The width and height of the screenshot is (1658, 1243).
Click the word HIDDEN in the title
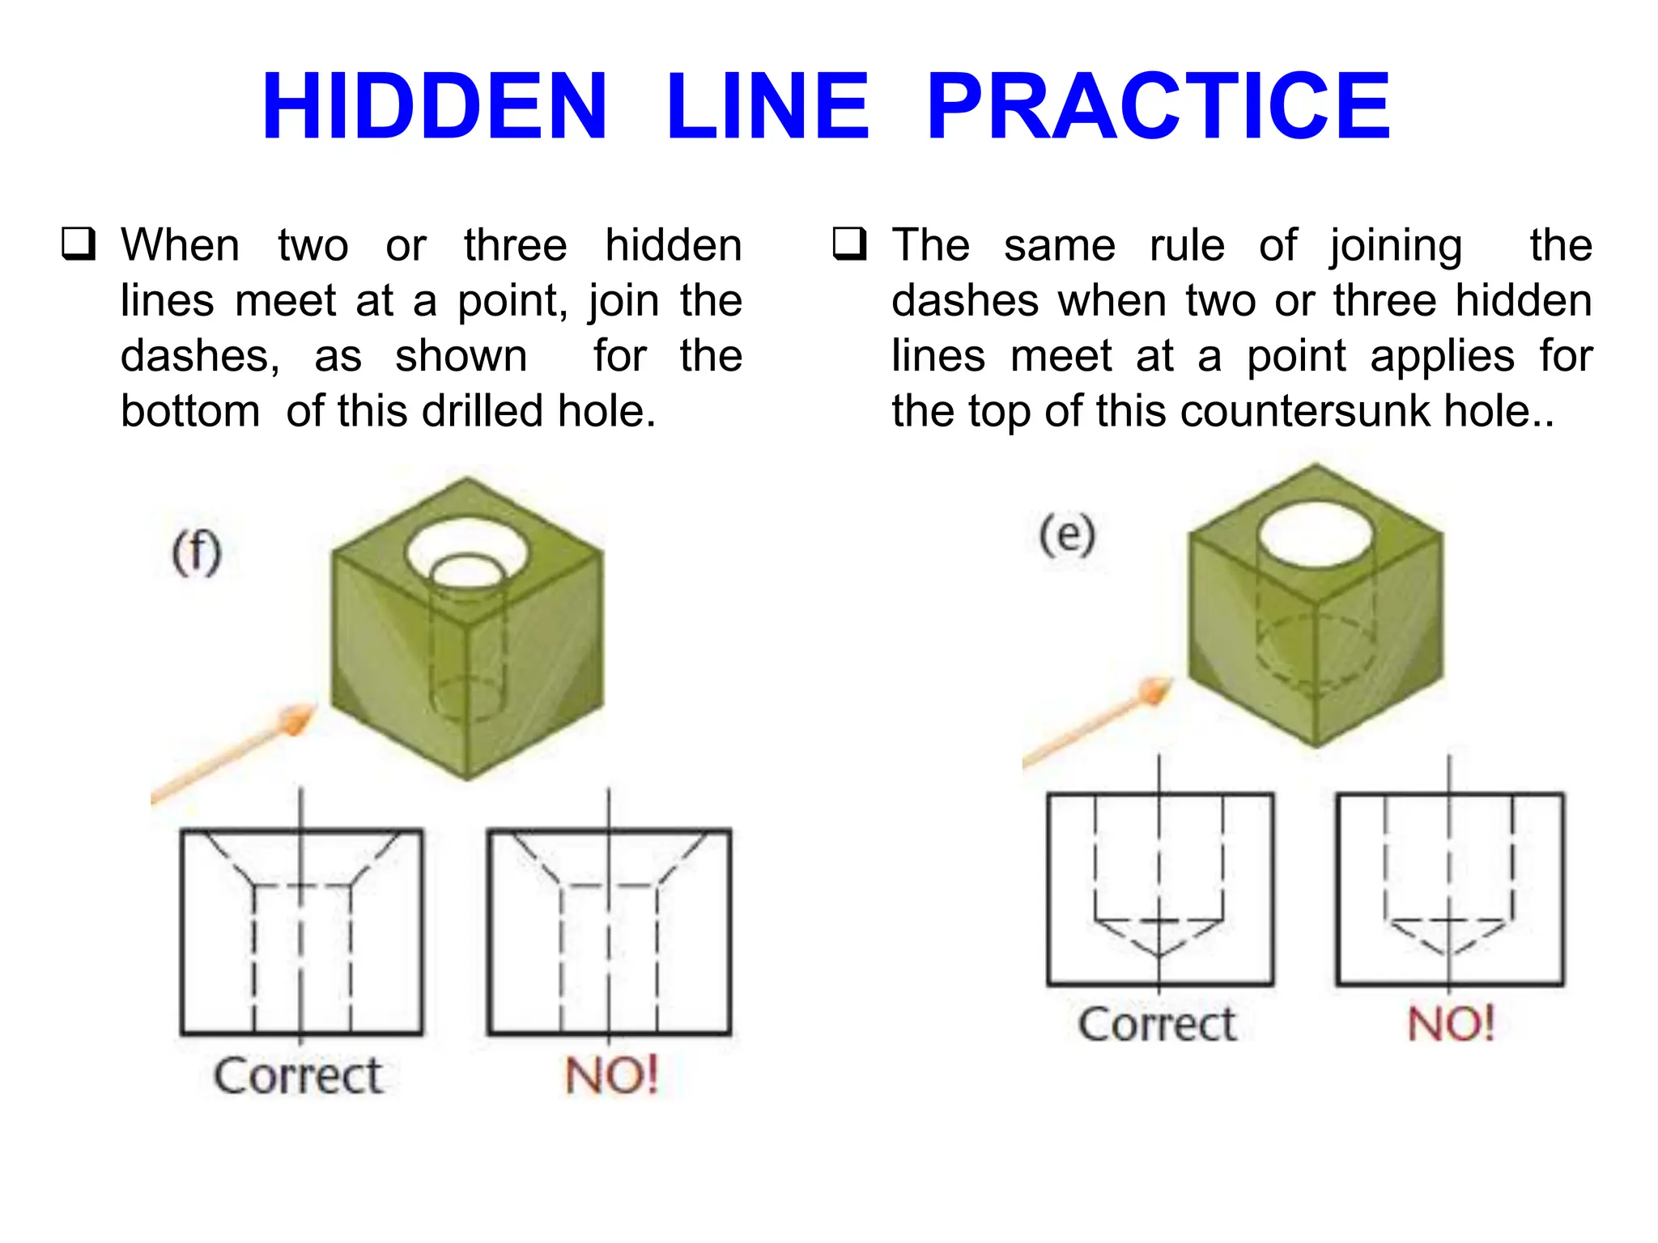coord(434,106)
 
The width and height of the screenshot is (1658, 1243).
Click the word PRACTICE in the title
coord(1158,106)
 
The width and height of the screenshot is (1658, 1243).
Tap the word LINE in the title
coord(767,106)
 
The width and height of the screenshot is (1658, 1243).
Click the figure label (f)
coord(197,553)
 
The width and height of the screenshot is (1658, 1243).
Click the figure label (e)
coord(1067,535)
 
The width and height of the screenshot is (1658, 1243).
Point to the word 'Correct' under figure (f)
coord(298,1075)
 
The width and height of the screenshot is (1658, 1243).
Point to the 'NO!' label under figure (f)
coord(611,1075)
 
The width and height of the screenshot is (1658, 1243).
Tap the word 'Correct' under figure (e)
coord(1158,1025)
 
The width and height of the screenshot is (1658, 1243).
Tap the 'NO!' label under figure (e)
coord(1451,1025)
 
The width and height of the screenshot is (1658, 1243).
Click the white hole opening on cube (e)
coord(1316,535)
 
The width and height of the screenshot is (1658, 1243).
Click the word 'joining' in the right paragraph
coord(1395,246)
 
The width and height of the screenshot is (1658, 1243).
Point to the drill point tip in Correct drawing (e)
coord(1159,956)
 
